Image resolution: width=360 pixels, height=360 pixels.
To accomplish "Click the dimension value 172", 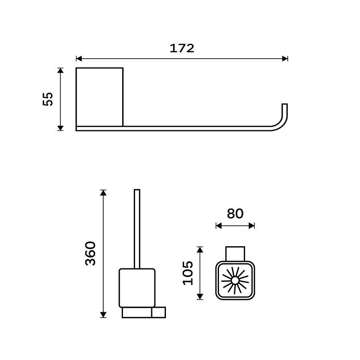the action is (x=182, y=48).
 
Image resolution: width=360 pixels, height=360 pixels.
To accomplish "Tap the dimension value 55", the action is (x=48, y=99).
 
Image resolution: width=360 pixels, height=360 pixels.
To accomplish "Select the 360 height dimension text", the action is (x=90, y=254).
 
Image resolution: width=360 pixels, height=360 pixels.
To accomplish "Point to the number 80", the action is (x=235, y=213).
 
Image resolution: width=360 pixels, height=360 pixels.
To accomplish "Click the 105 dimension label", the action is (x=188, y=273).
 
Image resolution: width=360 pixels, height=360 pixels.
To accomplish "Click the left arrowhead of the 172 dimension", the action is (x=79, y=59).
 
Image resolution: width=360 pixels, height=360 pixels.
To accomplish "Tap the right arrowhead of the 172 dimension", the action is (x=285, y=59).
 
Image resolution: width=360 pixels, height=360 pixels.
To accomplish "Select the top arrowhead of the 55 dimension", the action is (x=60, y=70).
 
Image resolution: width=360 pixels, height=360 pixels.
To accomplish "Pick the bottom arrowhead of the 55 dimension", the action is (x=60, y=128).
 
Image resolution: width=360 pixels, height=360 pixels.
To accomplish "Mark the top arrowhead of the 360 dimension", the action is (x=103, y=192).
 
